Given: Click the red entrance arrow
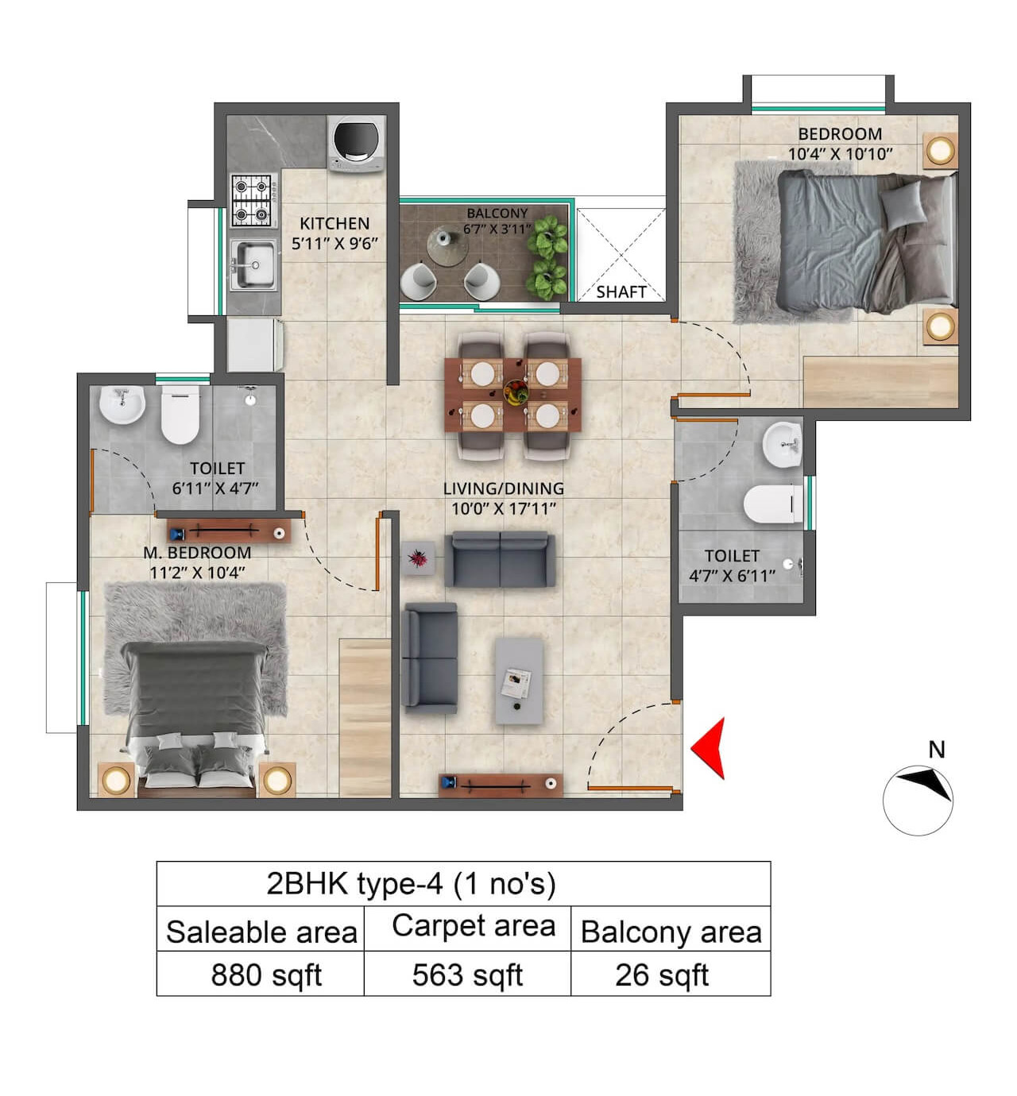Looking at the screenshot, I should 709,747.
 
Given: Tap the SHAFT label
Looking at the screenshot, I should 621,291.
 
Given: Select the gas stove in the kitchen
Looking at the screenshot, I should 253,200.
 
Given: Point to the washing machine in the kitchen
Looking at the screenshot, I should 357,142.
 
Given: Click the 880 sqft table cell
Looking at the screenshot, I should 265,974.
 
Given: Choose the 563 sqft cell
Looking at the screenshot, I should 467,974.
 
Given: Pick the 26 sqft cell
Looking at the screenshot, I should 662,974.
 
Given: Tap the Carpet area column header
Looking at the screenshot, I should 474,926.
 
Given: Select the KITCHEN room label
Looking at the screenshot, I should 334,224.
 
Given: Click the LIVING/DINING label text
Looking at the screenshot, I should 503,488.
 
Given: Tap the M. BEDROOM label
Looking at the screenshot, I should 197,553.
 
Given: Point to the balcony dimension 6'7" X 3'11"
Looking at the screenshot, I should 497,229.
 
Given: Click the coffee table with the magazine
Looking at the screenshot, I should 519,681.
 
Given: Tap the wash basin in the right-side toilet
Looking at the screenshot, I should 782,444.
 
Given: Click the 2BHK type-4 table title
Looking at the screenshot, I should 411,883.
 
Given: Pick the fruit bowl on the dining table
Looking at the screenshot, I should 515,390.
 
